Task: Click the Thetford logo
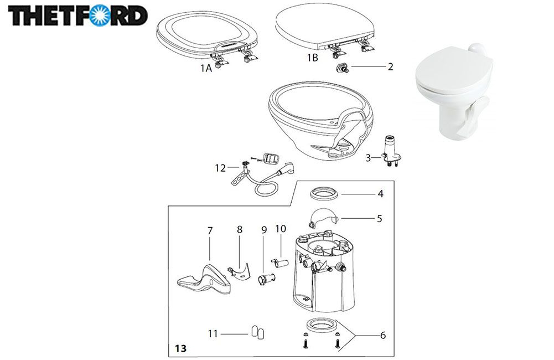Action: (77, 16)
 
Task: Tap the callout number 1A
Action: (206, 68)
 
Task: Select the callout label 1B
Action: (312, 58)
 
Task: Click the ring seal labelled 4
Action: (325, 194)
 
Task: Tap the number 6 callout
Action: (383, 335)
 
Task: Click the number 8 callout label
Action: (240, 229)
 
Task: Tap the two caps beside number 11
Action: (257, 333)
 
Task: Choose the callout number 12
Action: (220, 168)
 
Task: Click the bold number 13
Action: (180, 348)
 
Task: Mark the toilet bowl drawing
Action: (320, 120)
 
